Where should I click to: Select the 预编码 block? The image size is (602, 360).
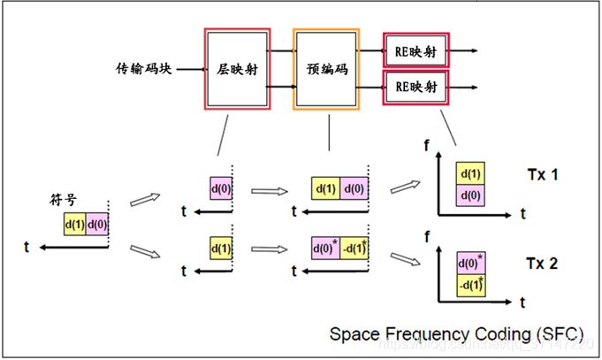coord(328,69)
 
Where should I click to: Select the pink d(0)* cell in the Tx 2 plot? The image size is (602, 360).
coord(471,263)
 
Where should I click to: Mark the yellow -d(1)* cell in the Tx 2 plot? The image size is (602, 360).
coord(471,284)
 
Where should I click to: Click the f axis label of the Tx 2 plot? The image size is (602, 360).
coord(428,238)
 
